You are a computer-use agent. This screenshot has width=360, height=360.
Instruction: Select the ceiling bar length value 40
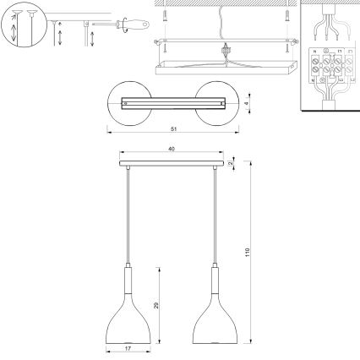pyautogui.click(x=172, y=150)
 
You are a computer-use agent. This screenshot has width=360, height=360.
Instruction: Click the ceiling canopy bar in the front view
pyautogui.click(x=172, y=161)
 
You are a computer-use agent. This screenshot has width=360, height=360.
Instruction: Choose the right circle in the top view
pyautogui.click(x=217, y=103)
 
